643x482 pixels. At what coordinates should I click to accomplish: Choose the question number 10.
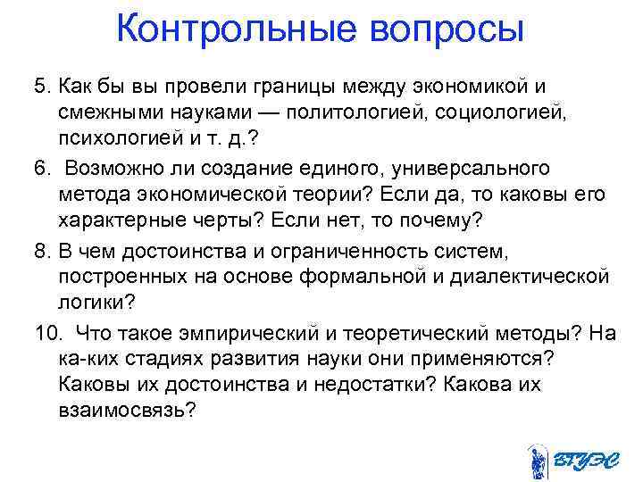pyautogui.click(x=47, y=333)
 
